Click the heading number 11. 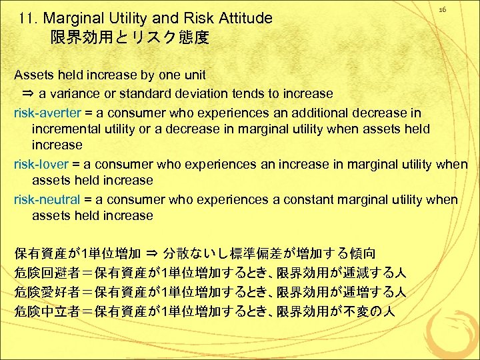[29, 19]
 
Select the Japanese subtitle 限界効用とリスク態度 [130, 38]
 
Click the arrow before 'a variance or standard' [29, 94]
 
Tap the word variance [75, 93]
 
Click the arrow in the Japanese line [151, 254]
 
